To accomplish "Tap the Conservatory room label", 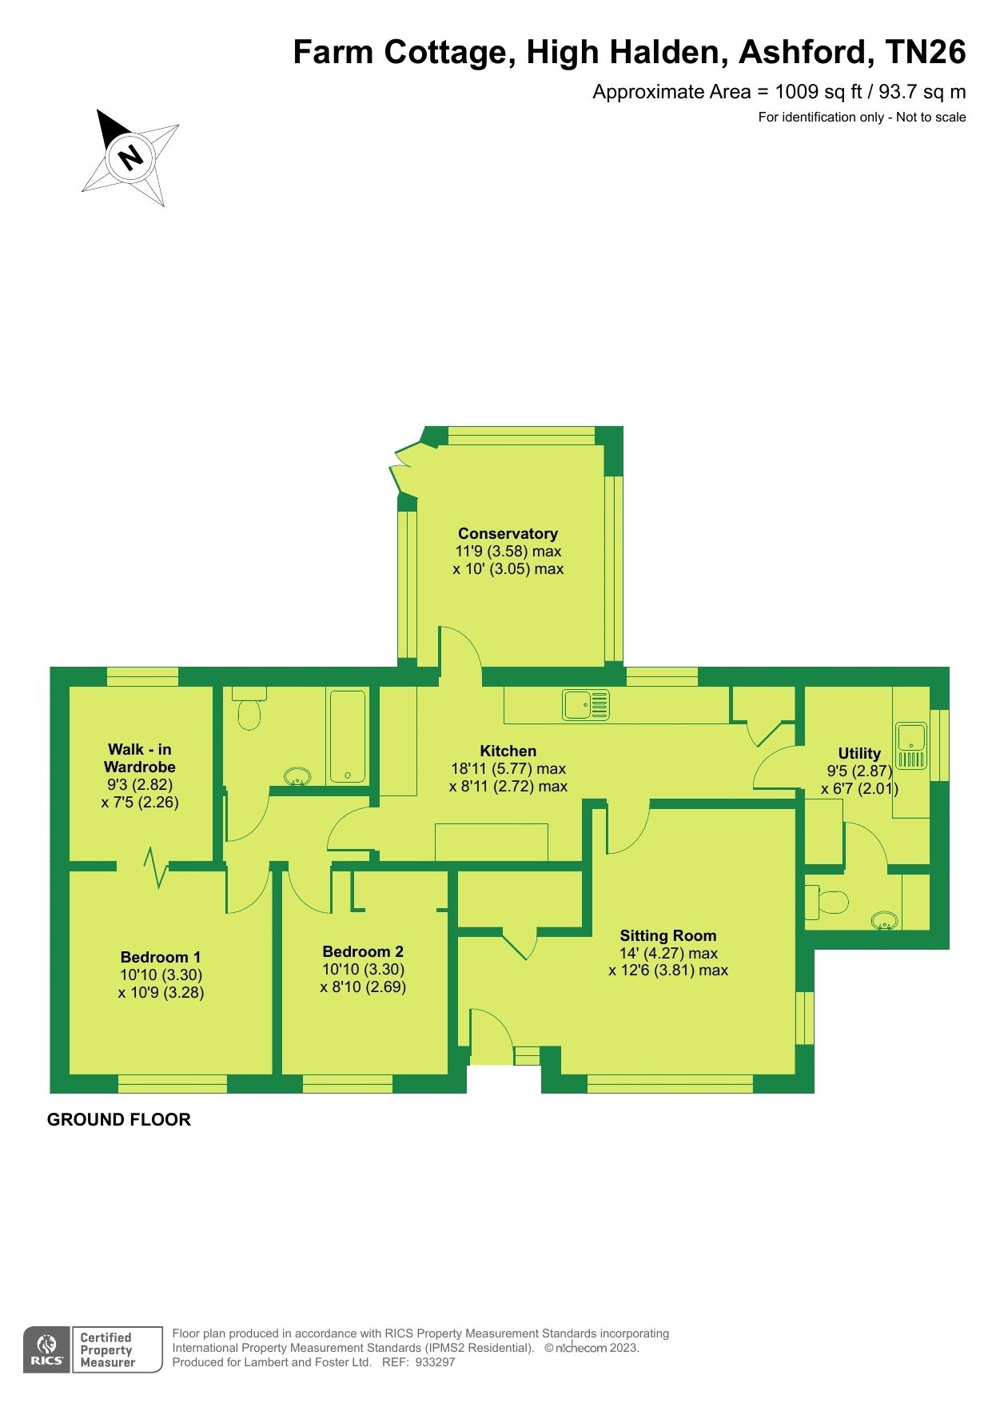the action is [x=508, y=533].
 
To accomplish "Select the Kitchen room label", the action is [x=508, y=751].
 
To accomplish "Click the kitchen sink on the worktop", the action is [x=586, y=705].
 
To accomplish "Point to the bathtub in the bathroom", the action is [x=347, y=736].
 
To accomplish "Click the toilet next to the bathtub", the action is [x=249, y=707].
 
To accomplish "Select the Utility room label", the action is [x=859, y=753].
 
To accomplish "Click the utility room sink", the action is [x=910, y=746].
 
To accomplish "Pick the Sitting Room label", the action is [x=668, y=935].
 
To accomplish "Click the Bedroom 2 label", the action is [x=363, y=951].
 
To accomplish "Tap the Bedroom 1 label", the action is [x=161, y=957].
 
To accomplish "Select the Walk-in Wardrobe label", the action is [x=140, y=758].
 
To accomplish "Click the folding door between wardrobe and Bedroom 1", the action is [x=155, y=867].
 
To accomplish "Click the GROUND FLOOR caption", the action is [x=119, y=1119].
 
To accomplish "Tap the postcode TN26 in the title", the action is [x=926, y=52].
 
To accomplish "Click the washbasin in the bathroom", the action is [x=297, y=775].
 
